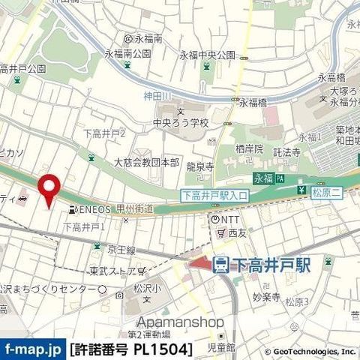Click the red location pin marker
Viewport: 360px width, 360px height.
tap(49, 187)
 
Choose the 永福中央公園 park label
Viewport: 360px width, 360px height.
tap(207, 55)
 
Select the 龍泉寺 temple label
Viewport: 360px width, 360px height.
tap(200, 167)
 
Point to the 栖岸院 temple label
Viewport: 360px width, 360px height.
tap(248, 149)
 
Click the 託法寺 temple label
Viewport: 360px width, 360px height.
tap(286, 151)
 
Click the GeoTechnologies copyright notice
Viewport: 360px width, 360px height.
tap(309, 350)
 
